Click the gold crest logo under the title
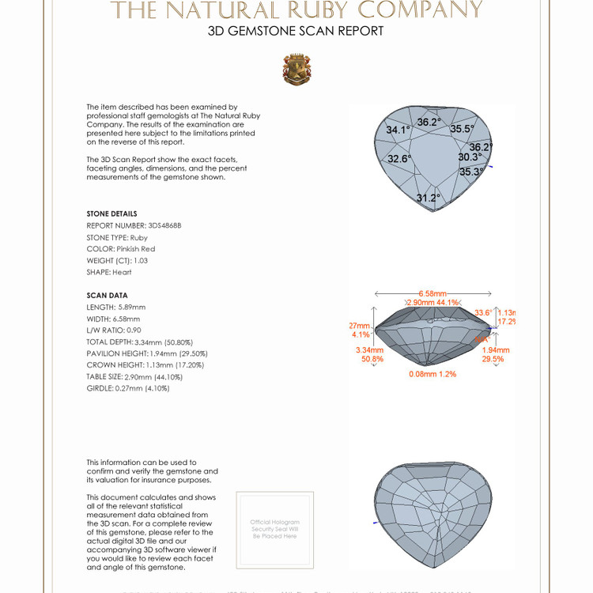(x=296, y=70)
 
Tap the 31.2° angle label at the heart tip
(x=428, y=198)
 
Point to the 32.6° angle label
(x=399, y=159)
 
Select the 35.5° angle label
(x=463, y=129)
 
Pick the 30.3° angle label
(x=470, y=157)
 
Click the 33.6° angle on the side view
(x=483, y=313)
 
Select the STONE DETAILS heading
(x=111, y=214)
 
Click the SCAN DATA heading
(x=107, y=295)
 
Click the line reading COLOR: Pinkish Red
(x=120, y=249)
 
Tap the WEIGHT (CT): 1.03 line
(x=117, y=260)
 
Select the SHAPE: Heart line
(x=109, y=272)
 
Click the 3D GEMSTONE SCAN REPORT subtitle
(x=296, y=32)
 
